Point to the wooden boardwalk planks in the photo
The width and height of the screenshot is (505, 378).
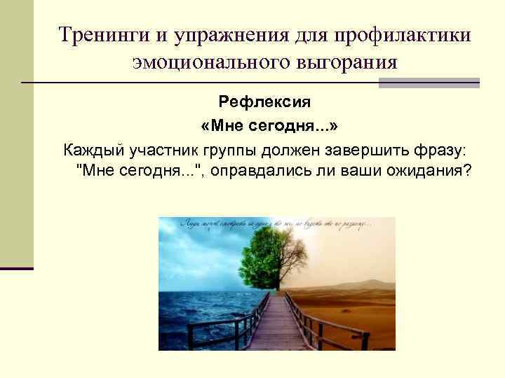coord(277,329)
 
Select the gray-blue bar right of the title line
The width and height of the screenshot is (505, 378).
coord(429,83)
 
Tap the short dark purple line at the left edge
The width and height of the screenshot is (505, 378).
coord(17,268)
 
